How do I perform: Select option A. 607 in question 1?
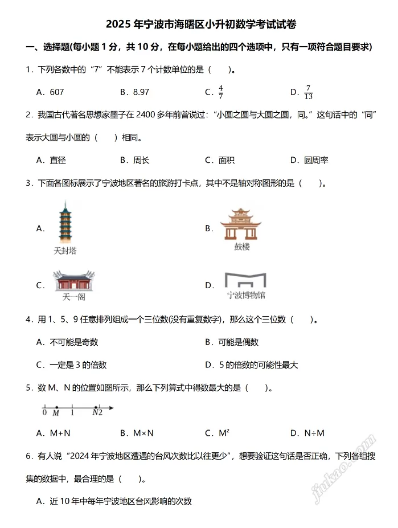50,92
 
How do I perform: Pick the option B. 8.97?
134,92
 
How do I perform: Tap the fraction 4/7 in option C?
221,92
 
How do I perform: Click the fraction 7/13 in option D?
309,92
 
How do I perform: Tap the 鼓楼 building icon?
241,224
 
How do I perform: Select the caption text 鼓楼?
241,247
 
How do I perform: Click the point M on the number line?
56,408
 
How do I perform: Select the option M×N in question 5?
143,433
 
